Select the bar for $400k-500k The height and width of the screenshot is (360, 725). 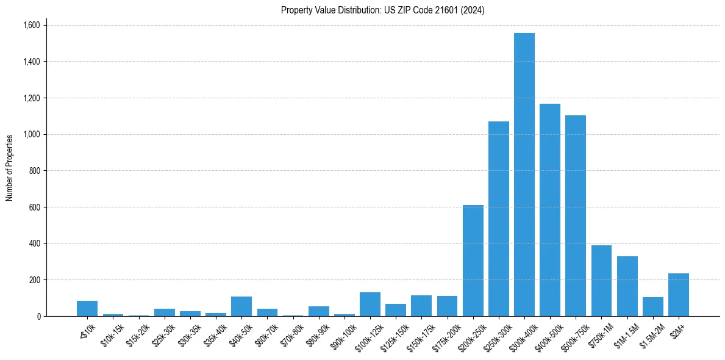(549, 210)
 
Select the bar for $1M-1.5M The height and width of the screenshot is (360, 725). (627, 286)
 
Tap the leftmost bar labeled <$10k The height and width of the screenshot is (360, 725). (87, 309)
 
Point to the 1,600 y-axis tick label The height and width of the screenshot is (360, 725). (31, 25)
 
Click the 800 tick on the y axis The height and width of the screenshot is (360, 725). (35, 171)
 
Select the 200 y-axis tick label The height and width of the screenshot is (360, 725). (35, 280)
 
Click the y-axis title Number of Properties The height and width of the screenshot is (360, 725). (10, 168)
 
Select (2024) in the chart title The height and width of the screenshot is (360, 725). (474, 10)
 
